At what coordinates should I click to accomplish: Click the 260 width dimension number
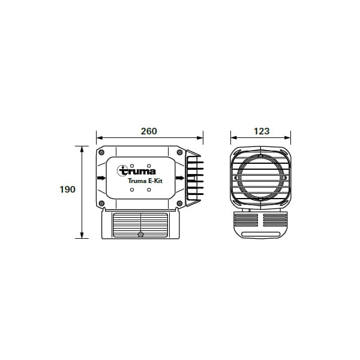point(149,131)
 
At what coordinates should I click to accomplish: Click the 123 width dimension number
point(261,131)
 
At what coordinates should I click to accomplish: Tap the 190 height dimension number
point(67,190)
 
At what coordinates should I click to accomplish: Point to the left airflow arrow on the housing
point(101,178)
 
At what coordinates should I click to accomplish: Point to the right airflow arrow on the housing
point(179,178)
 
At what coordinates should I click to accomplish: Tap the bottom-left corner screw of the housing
point(102,203)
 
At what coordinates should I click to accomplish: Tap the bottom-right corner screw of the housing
point(179,203)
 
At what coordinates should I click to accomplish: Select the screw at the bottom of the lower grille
point(140,233)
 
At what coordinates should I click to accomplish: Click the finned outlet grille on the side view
point(193,178)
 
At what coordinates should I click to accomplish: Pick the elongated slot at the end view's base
point(261,232)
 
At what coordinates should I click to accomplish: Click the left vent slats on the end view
point(247,220)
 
